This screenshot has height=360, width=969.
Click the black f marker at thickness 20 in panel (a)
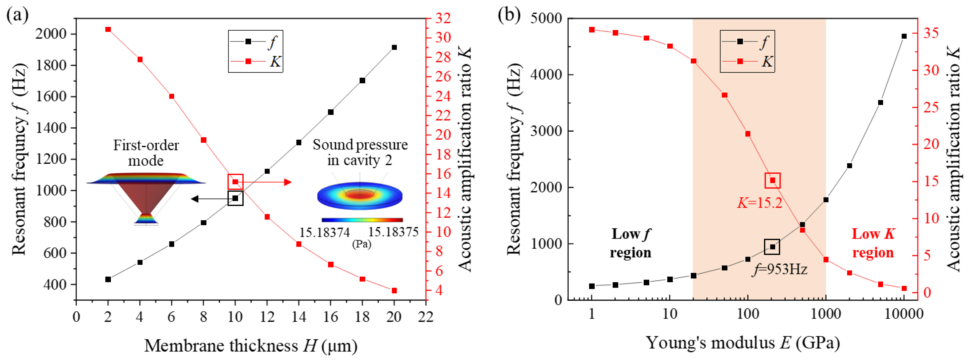[394, 47]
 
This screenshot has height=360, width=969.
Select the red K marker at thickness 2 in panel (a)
[108, 29]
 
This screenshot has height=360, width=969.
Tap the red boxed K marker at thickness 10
[235, 182]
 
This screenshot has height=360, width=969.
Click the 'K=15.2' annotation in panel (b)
[759, 203]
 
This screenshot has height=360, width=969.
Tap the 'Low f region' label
[630, 243]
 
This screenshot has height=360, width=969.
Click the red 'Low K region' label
[873, 243]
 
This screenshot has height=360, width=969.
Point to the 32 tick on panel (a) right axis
[443, 18]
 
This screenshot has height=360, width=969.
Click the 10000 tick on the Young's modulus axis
[903, 314]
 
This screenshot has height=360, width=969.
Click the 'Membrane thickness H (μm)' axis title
[251, 345]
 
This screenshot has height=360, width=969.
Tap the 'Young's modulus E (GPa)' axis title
[743, 343]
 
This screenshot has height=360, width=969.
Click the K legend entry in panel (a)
[256, 61]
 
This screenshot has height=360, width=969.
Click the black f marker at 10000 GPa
[904, 36]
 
